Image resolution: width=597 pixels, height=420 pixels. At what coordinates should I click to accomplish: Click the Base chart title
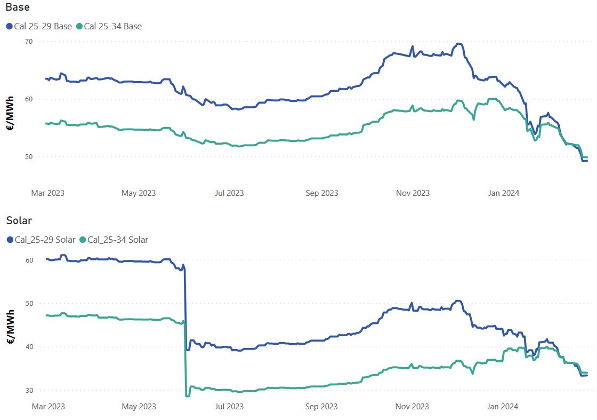click(x=18, y=7)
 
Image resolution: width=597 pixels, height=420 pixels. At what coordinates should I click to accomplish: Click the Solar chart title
click(x=19, y=220)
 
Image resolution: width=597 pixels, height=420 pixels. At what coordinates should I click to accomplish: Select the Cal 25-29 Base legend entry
click(x=39, y=26)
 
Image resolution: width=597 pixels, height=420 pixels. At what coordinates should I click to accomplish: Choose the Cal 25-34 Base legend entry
click(x=109, y=26)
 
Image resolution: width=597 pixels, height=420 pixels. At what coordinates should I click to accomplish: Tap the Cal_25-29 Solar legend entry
click(x=41, y=240)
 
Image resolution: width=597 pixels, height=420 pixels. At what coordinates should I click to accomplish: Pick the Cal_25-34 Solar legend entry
click(x=114, y=240)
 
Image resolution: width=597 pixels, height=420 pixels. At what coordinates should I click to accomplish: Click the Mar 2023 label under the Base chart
click(x=47, y=193)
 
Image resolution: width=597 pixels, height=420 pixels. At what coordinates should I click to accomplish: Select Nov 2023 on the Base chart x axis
click(x=413, y=193)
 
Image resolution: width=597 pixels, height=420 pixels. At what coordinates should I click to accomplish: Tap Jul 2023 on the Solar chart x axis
click(x=229, y=406)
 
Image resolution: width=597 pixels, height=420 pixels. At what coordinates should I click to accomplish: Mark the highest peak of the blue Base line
click(x=458, y=43)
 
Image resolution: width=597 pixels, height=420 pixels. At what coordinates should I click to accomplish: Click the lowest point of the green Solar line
click(x=187, y=396)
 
